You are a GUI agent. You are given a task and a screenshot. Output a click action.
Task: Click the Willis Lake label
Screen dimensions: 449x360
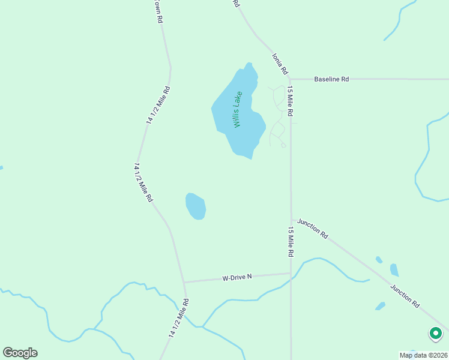pos(238,109)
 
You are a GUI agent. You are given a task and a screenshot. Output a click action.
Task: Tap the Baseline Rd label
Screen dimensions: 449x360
pos(331,79)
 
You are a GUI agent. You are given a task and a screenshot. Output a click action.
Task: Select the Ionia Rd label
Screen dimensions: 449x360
pos(279,64)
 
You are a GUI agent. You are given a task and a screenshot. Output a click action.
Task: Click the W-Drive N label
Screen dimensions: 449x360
pos(237,277)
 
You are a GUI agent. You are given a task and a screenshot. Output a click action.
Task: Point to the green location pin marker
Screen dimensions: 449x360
pos(435,333)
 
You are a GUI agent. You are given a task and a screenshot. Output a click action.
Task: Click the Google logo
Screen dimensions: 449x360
pos(20,353)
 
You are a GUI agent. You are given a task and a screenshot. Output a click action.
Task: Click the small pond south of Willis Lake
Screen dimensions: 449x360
pos(196,206)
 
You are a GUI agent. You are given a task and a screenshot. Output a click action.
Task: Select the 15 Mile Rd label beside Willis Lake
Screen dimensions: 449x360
pos(290,101)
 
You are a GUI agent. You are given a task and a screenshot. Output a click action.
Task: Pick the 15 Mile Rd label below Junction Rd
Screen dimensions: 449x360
pos(291,242)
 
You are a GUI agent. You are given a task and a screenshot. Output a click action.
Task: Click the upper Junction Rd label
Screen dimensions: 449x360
pos(313,229)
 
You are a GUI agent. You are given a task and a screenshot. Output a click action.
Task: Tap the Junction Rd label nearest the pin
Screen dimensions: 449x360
pos(405,296)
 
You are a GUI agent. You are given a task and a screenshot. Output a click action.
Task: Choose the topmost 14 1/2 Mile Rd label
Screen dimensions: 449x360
pos(158,105)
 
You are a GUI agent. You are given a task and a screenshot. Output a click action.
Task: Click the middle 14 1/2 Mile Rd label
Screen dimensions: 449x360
pos(143,182)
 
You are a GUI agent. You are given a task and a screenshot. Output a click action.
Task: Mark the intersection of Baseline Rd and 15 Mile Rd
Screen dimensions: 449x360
pos(290,79)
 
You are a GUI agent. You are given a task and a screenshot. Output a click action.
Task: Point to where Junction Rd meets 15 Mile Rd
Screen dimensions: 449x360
pos(291,220)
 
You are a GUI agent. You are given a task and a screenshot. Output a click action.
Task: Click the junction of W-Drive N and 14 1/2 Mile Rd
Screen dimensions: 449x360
pos(184,282)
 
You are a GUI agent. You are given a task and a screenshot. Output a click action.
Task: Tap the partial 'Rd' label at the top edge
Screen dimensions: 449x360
pos(236,3)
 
